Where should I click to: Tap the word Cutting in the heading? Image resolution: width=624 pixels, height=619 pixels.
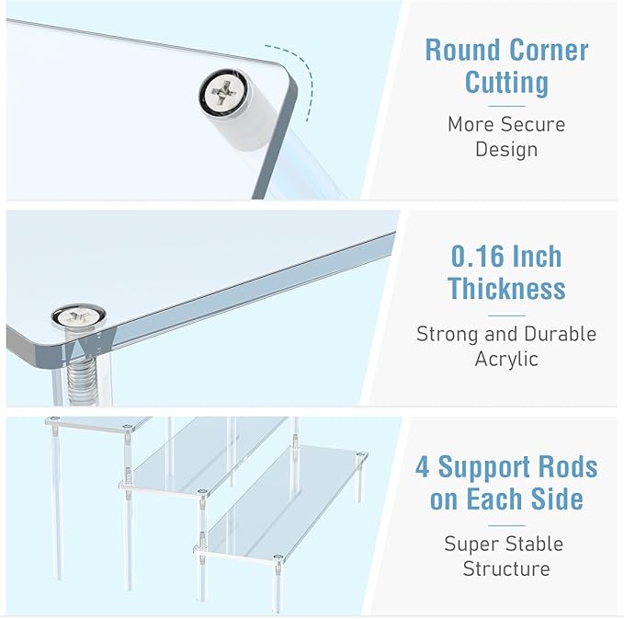[506, 82]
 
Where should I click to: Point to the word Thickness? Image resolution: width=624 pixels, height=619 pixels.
[506, 289]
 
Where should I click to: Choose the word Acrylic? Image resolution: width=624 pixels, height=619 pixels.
[506, 359]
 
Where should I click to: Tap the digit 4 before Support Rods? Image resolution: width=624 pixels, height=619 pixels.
[423, 466]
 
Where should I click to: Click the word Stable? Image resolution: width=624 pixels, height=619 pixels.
[537, 544]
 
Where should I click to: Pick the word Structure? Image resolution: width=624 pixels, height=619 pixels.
[506, 568]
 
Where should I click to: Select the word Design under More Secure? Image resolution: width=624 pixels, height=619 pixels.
[506, 149]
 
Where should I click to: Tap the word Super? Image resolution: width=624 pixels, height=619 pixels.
[471, 544]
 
